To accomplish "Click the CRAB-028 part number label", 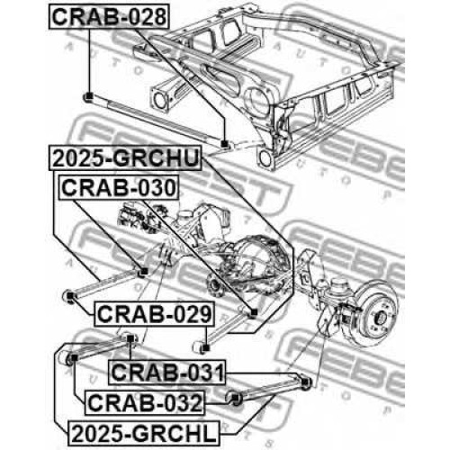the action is tap(109, 17).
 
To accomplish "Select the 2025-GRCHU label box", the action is tap(125, 158).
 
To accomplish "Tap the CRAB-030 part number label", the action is tap(119, 188).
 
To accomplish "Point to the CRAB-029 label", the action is tap(154, 314).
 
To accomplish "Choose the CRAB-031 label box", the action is tap(167, 373).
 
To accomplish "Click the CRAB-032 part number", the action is tap(145, 402).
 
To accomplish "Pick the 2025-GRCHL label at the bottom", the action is tap(144, 433).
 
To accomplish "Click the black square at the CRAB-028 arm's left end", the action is tap(89, 96).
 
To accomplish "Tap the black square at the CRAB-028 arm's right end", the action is tap(224, 144).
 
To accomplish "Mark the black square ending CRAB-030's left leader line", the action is tap(144, 271).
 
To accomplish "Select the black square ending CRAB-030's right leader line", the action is tap(254, 312).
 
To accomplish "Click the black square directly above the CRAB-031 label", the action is tap(130, 338).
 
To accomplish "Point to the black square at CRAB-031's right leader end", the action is tap(305, 382).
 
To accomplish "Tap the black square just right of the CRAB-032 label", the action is tap(236, 398).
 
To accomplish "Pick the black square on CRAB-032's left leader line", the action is tap(74, 357).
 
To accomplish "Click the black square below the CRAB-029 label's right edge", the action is tap(206, 348).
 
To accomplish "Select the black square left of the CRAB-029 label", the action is tap(70, 296).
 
